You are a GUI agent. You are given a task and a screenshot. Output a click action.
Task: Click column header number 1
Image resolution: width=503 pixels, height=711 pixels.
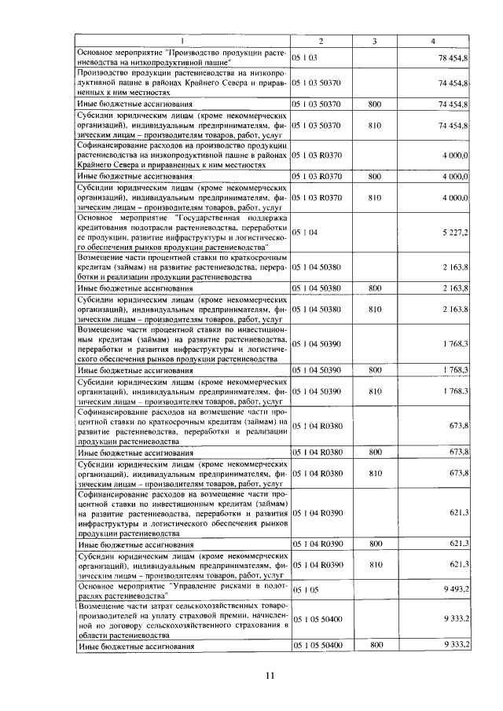point(182,40)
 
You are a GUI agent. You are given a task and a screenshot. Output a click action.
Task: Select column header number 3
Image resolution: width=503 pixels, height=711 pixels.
point(375,40)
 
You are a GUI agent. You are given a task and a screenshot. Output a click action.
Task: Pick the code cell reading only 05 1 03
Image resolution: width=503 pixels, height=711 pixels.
point(304,58)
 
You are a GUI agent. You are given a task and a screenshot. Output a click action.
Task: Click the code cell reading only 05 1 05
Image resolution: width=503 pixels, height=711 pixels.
point(304,588)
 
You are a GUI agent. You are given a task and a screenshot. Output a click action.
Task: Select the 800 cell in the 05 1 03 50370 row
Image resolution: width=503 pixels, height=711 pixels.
point(375,104)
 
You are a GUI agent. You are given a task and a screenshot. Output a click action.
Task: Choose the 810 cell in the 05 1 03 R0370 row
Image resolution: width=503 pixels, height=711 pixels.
point(375,197)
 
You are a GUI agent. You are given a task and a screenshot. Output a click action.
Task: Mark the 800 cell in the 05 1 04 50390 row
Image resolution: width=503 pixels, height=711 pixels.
point(375,369)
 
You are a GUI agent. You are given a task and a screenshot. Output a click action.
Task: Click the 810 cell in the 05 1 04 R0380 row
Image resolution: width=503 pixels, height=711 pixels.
point(375,473)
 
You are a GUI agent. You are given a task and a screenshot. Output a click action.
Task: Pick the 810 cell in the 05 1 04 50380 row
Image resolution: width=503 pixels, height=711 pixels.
point(375,309)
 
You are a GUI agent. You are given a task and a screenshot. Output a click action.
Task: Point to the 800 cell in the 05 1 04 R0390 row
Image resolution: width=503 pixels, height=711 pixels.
point(375,544)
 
